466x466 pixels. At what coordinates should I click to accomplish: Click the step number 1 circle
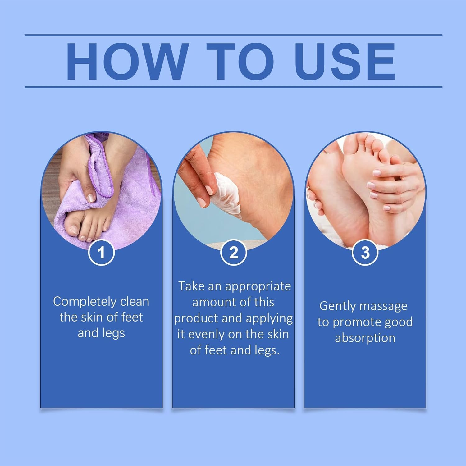point(101,252)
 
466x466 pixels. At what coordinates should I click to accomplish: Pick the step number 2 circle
point(233,252)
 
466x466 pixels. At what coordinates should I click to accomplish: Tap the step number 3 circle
point(365,252)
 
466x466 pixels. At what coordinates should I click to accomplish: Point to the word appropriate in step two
point(258,286)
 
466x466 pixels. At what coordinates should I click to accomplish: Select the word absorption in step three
point(365,338)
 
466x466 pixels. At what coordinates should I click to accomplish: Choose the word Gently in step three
point(338,306)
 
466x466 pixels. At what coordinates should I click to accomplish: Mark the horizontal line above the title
point(233,35)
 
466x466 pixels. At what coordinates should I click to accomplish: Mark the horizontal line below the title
point(233,87)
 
